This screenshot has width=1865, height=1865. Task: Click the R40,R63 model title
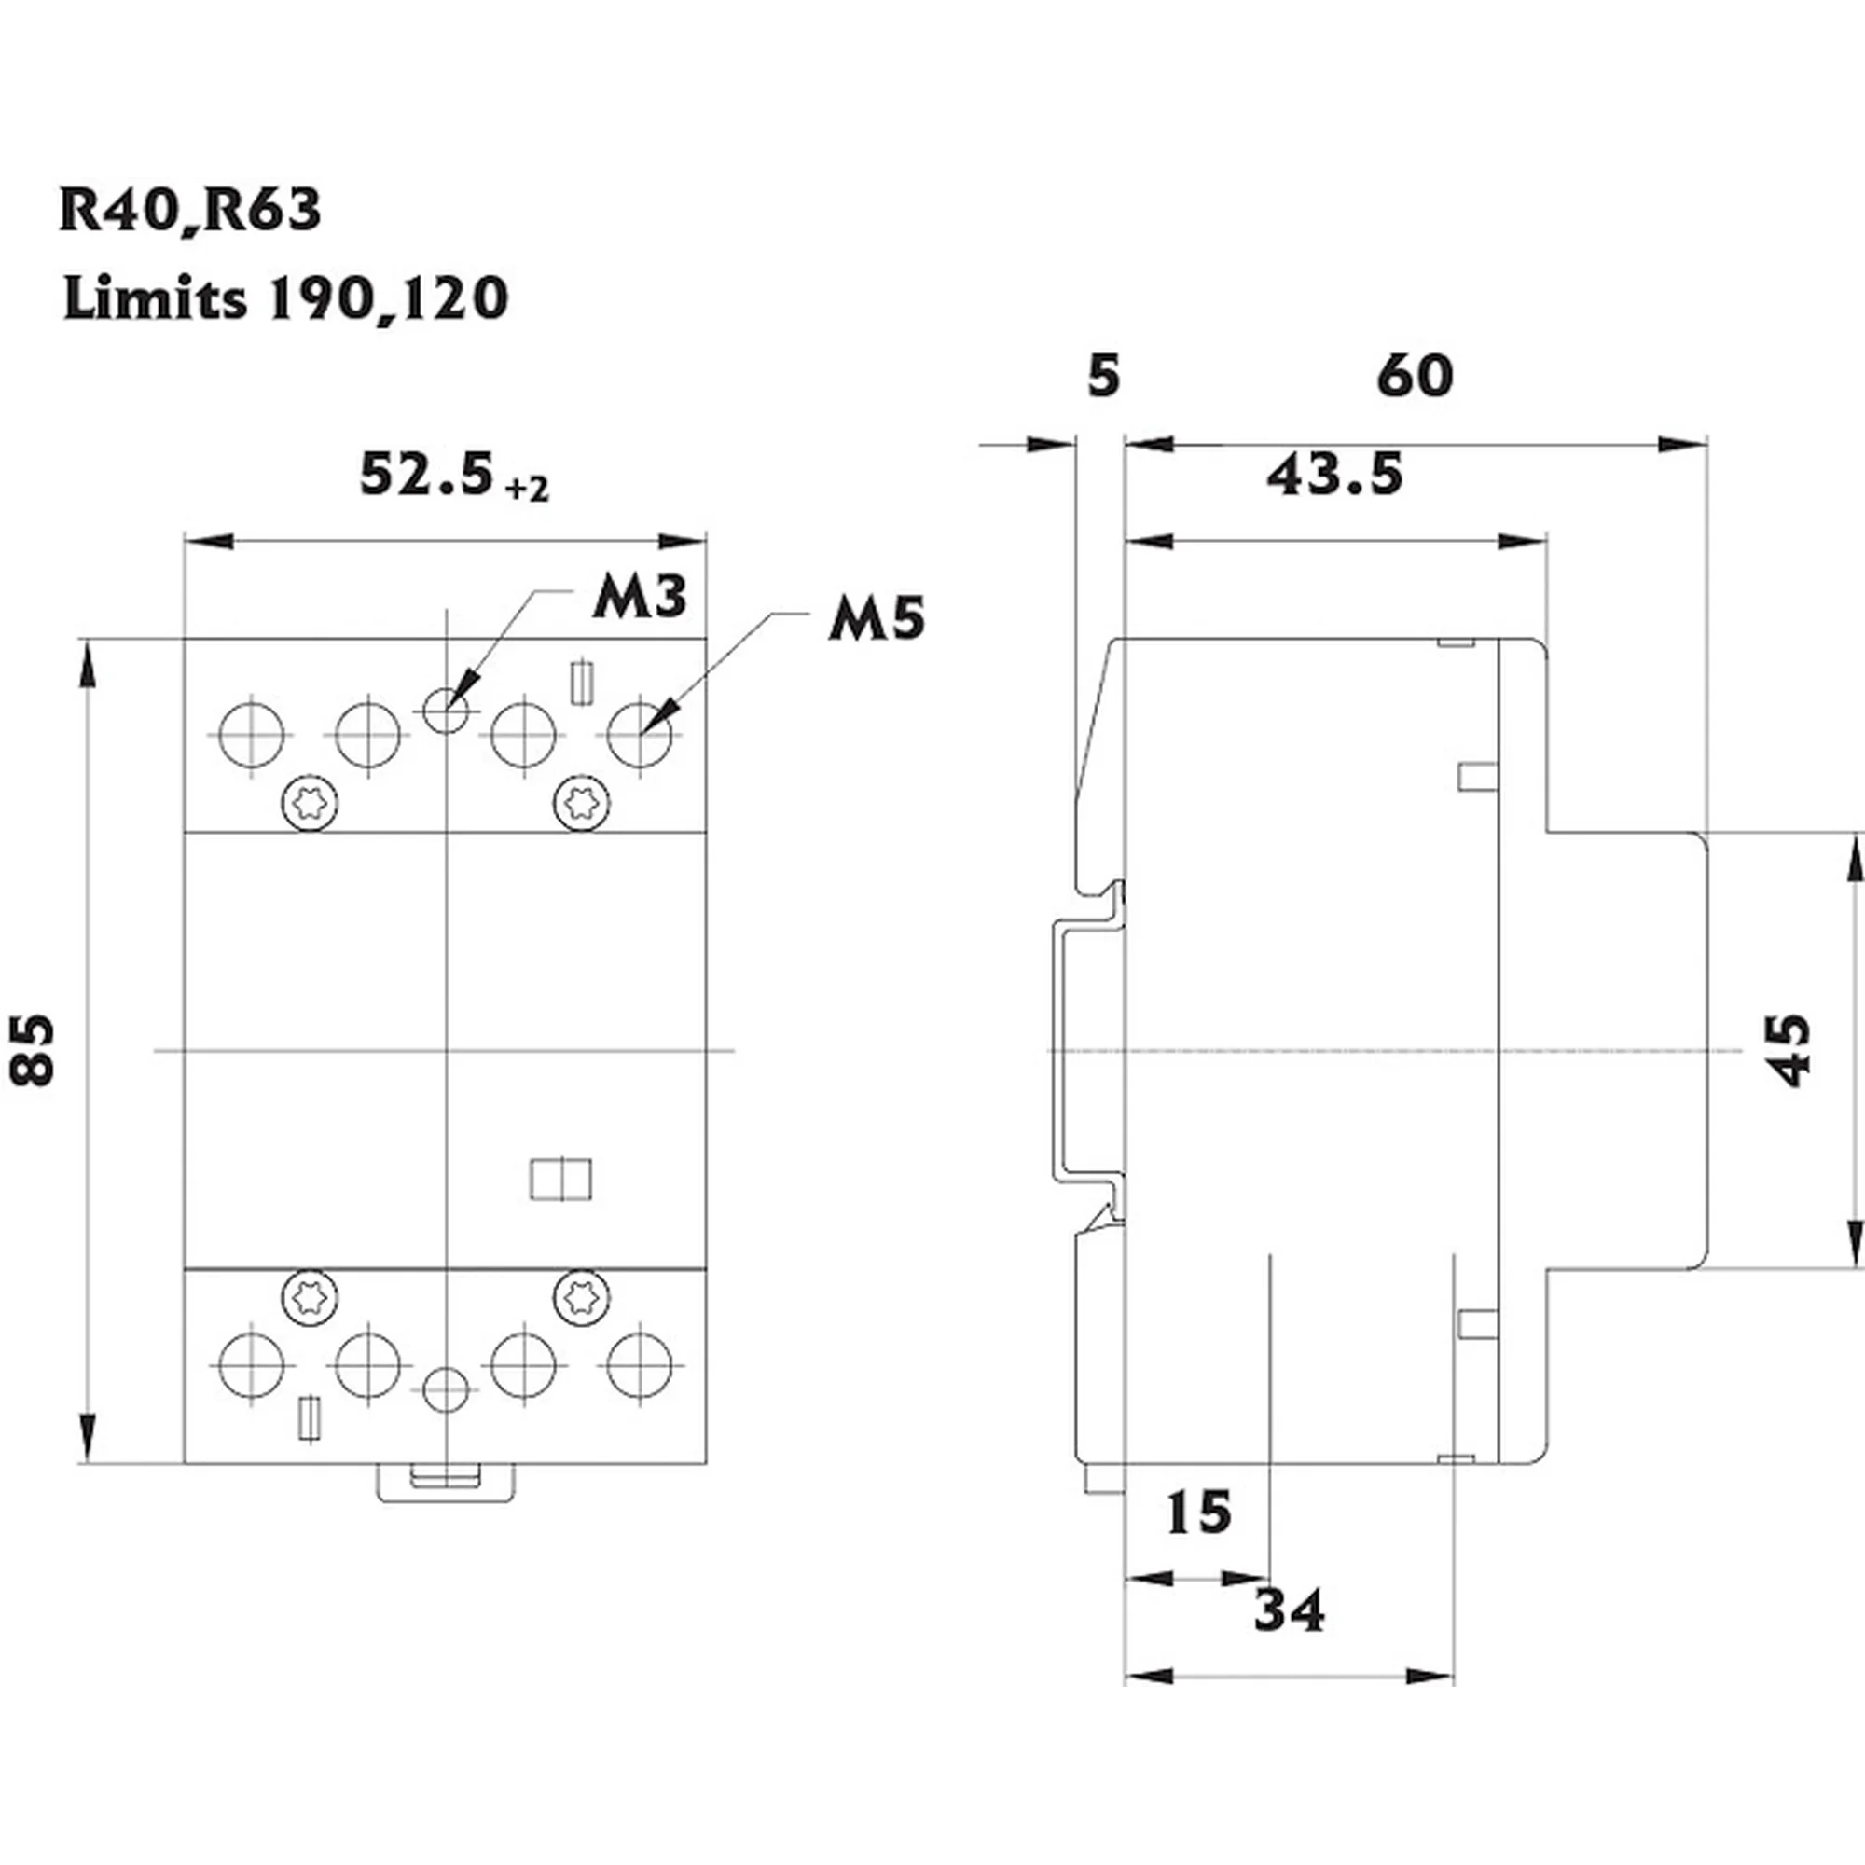(189, 210)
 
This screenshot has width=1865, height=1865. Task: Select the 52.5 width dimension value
(426, 475)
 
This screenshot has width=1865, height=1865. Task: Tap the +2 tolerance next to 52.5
(527, 490)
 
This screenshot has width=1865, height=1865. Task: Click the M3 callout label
(639, 597)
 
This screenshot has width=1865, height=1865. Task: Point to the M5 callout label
(877, 619)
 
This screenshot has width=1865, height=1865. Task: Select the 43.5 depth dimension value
(1335, 475)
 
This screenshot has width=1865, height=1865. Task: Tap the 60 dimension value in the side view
(1415, 376)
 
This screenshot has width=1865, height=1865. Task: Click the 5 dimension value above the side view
(1103, 377)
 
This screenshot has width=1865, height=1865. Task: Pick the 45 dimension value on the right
(1791, 1050)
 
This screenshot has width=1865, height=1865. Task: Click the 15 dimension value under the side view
(1199, 1513)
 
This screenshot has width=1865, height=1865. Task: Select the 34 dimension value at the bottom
(1290, 1610)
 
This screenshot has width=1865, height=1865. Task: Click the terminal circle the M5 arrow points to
(639, 736)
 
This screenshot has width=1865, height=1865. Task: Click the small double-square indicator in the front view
(560, 1180)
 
